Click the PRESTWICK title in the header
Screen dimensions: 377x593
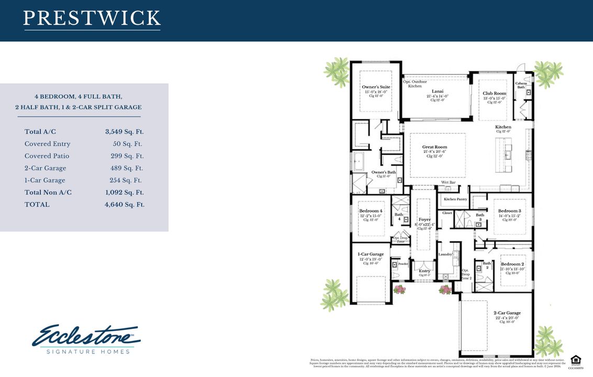(x=92, y=18)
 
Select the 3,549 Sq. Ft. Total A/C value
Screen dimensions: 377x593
(x=125, y=132)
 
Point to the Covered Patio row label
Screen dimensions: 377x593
(x=47, y=156)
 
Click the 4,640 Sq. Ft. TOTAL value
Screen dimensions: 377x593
(x=125, y=204)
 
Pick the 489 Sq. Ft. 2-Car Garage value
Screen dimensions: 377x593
(x=127, y=168)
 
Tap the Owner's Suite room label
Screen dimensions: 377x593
(x=375, y=87)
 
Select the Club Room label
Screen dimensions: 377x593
(x=494, y=93)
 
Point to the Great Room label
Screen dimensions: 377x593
(x=435, y=147)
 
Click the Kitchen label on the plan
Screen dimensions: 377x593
(x=503, y=127)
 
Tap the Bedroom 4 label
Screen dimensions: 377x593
(x=371, y=210)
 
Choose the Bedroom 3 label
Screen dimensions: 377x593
(x=509, y=210)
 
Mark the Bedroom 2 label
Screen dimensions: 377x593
(x=512, y=264)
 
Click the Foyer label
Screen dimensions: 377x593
(x=424, y=220)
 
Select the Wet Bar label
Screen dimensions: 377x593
(x=447, y=182)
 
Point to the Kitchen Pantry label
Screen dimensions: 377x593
(x=455, y=199)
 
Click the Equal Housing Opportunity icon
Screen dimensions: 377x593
(x=575, y=360)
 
